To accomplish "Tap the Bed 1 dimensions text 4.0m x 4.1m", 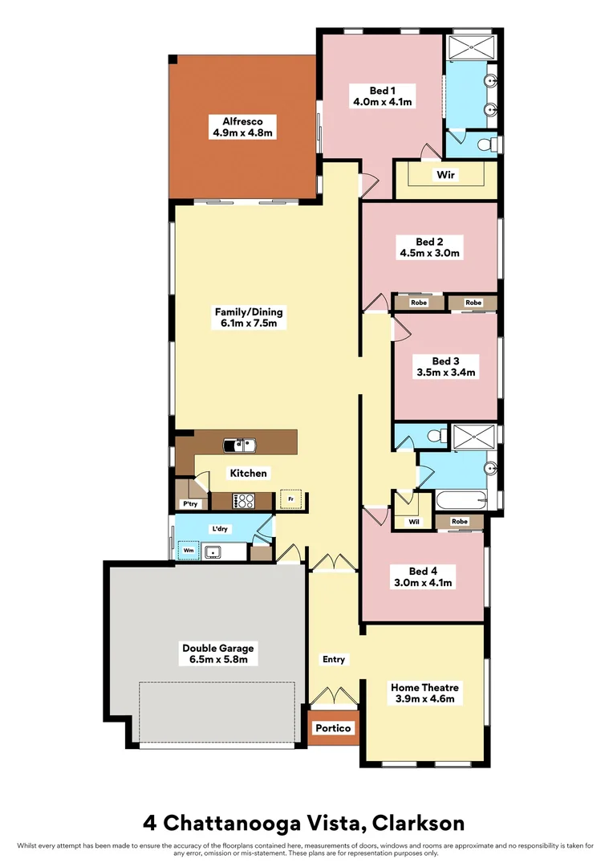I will click(x=383, y=102).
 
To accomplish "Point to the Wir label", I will click(x=446, y=174).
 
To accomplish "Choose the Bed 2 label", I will click(x=429, y=241).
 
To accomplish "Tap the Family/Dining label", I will click(x=249, y=312).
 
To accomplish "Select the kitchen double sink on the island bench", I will click(x=239, y=443).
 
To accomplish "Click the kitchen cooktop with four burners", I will click(x=243, y=500).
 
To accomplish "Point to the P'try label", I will click(x=190, y=504).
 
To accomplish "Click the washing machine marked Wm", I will click(x=188, y=551).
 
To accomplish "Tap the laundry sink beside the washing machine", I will click(x=213, y=552).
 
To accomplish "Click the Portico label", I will click(x=333, y=728).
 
